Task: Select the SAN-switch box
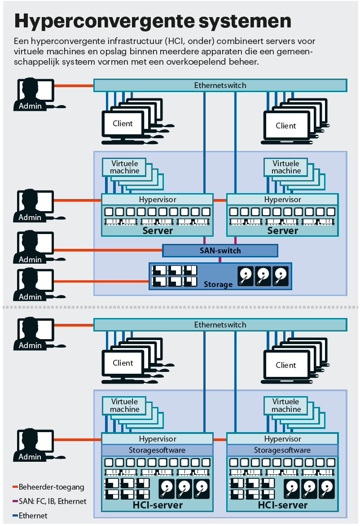(220, 251)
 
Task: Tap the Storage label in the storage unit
(218, 284)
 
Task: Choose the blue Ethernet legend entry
(33, 516)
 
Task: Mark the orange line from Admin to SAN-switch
(108, 250)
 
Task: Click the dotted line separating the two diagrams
(180, 308)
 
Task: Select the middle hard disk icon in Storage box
(263, 276)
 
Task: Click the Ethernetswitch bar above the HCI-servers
(220, 324)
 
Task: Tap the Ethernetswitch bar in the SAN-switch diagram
(220, 85)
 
